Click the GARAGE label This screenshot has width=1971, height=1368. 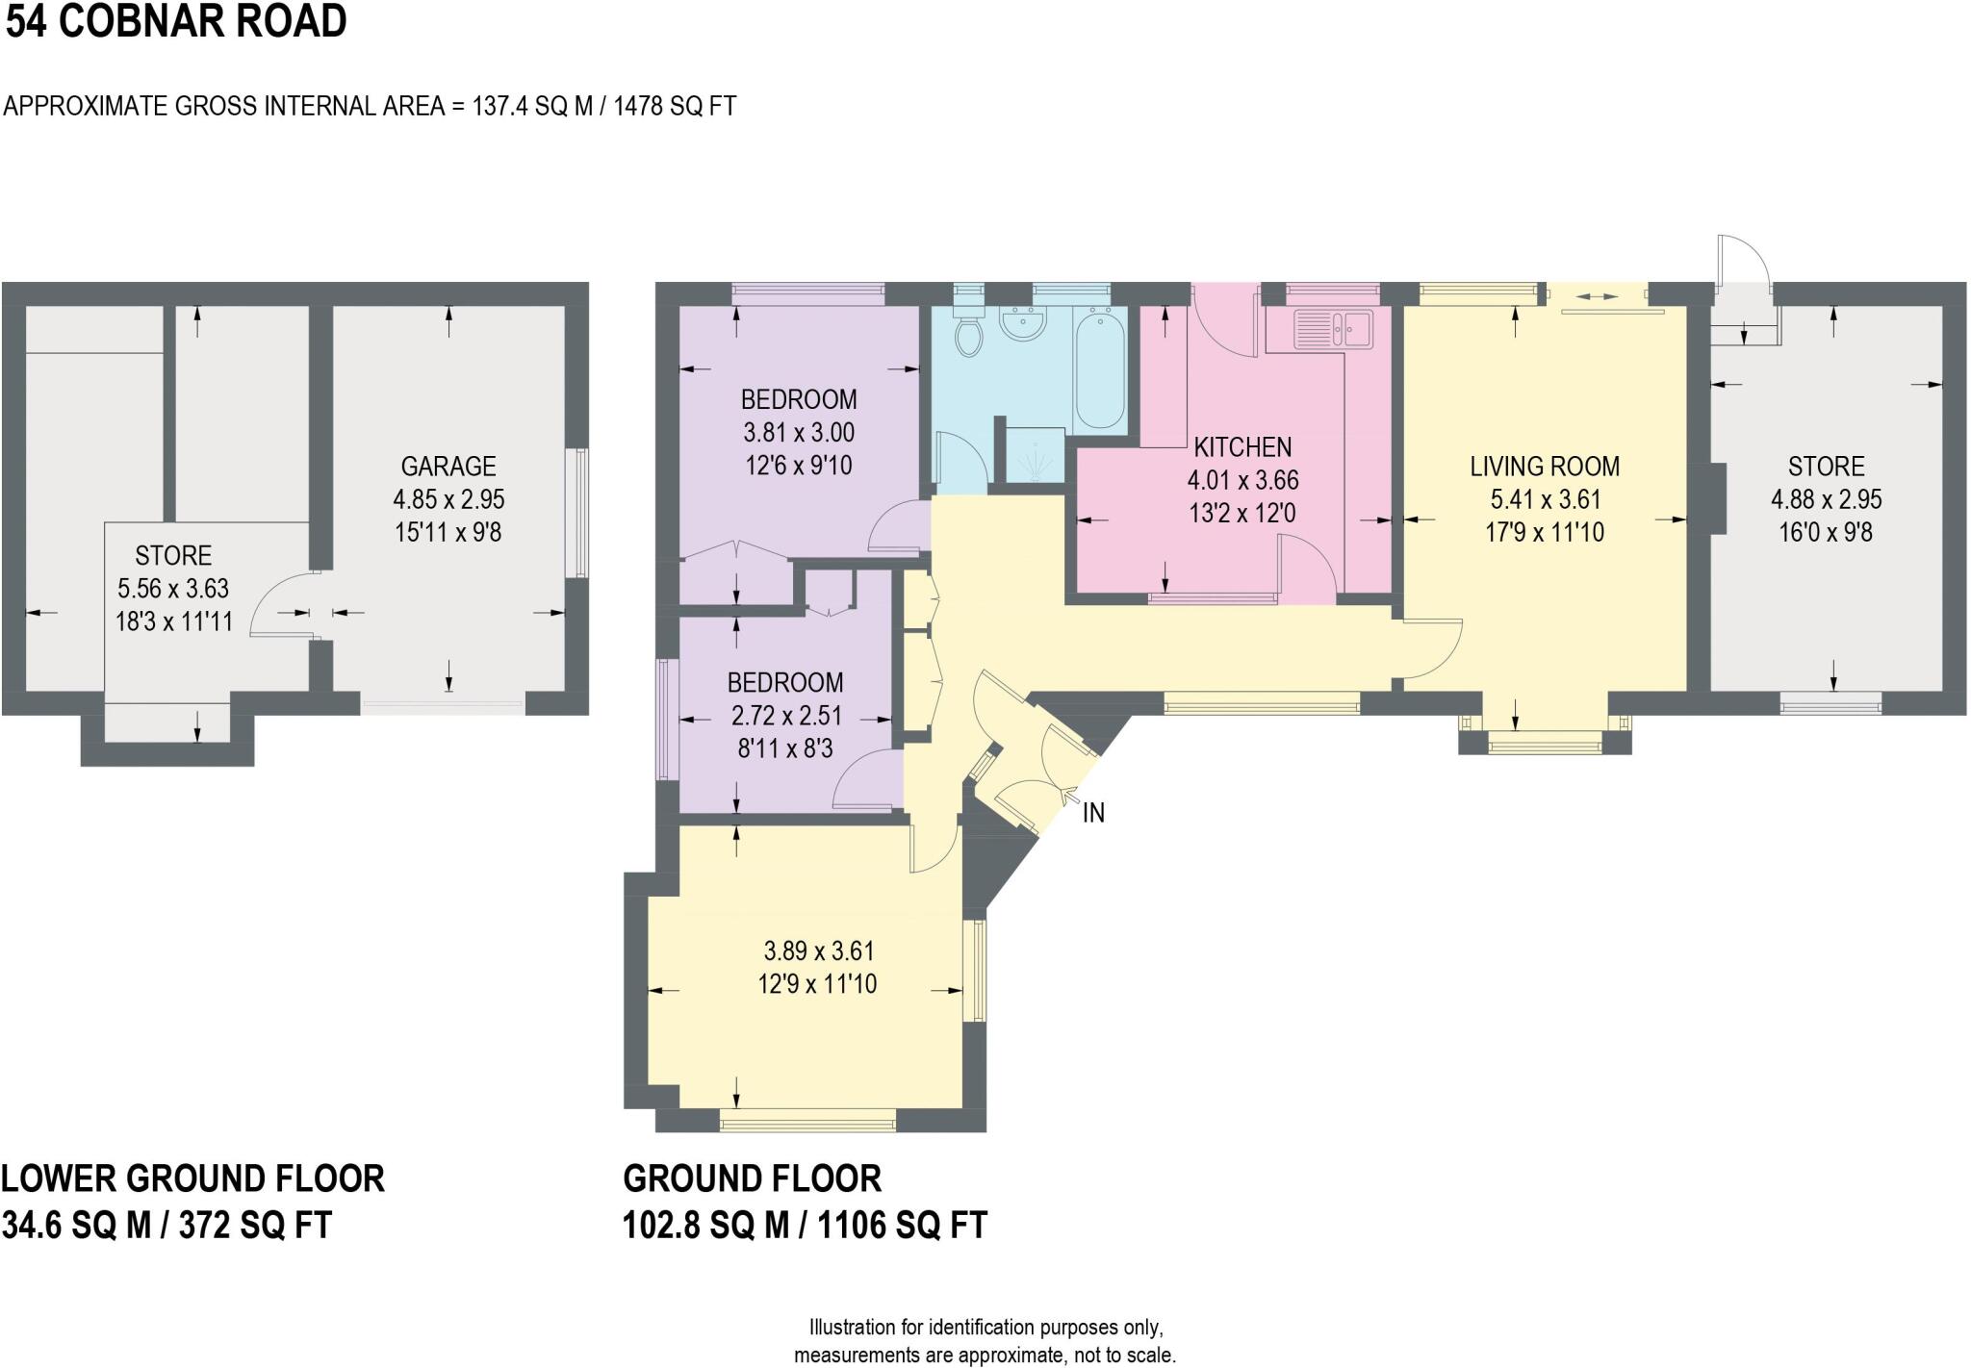[x=448, y=467]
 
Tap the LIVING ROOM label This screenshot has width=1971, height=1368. [x=1544, y=467]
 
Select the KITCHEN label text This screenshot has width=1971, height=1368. [x=1241, y=447]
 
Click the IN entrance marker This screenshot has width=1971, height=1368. [x=1093, y=813]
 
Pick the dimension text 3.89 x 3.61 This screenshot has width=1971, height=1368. [x=819, y=951]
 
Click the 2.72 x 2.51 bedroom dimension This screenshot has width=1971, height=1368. [x=785, y=716]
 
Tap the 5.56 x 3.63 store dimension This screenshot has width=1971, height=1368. [x=173, y=589]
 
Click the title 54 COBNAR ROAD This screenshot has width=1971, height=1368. [x=176, y=22]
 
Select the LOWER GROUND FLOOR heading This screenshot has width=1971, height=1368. [x=192, y=1178]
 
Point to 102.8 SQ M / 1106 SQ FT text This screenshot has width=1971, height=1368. [x=805, y=1226]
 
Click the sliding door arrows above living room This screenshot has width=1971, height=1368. [x=1597, y=297]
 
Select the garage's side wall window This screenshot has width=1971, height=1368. [x=581, y=513]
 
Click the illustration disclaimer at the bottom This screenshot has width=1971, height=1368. [x=985, y=1341]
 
